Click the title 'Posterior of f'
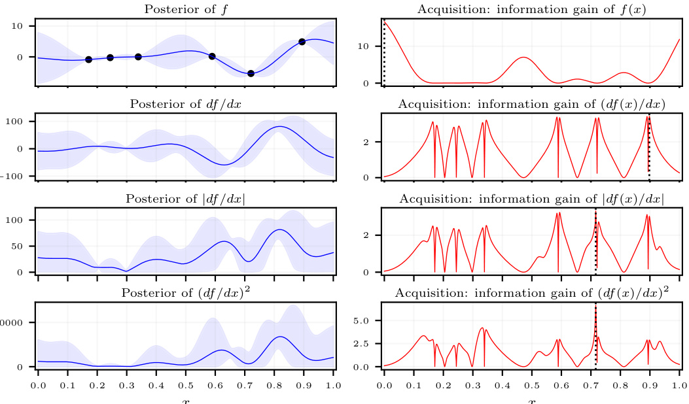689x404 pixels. coord(186,9)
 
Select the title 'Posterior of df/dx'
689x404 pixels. coord(186,104)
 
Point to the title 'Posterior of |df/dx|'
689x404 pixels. coord(186,199)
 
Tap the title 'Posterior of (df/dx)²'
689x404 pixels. coord(186,292)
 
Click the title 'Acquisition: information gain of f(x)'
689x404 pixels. coord(531,9)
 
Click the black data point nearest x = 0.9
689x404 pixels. coord(302,42)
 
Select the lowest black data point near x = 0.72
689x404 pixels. coord(251,73)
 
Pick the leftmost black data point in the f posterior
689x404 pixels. coord(89,59)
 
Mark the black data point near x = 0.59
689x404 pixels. coord(212,56)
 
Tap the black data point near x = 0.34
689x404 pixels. coord(138,57)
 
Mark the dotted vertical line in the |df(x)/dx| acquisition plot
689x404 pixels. coord(595,242)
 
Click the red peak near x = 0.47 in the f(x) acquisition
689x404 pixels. coord(523,58)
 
